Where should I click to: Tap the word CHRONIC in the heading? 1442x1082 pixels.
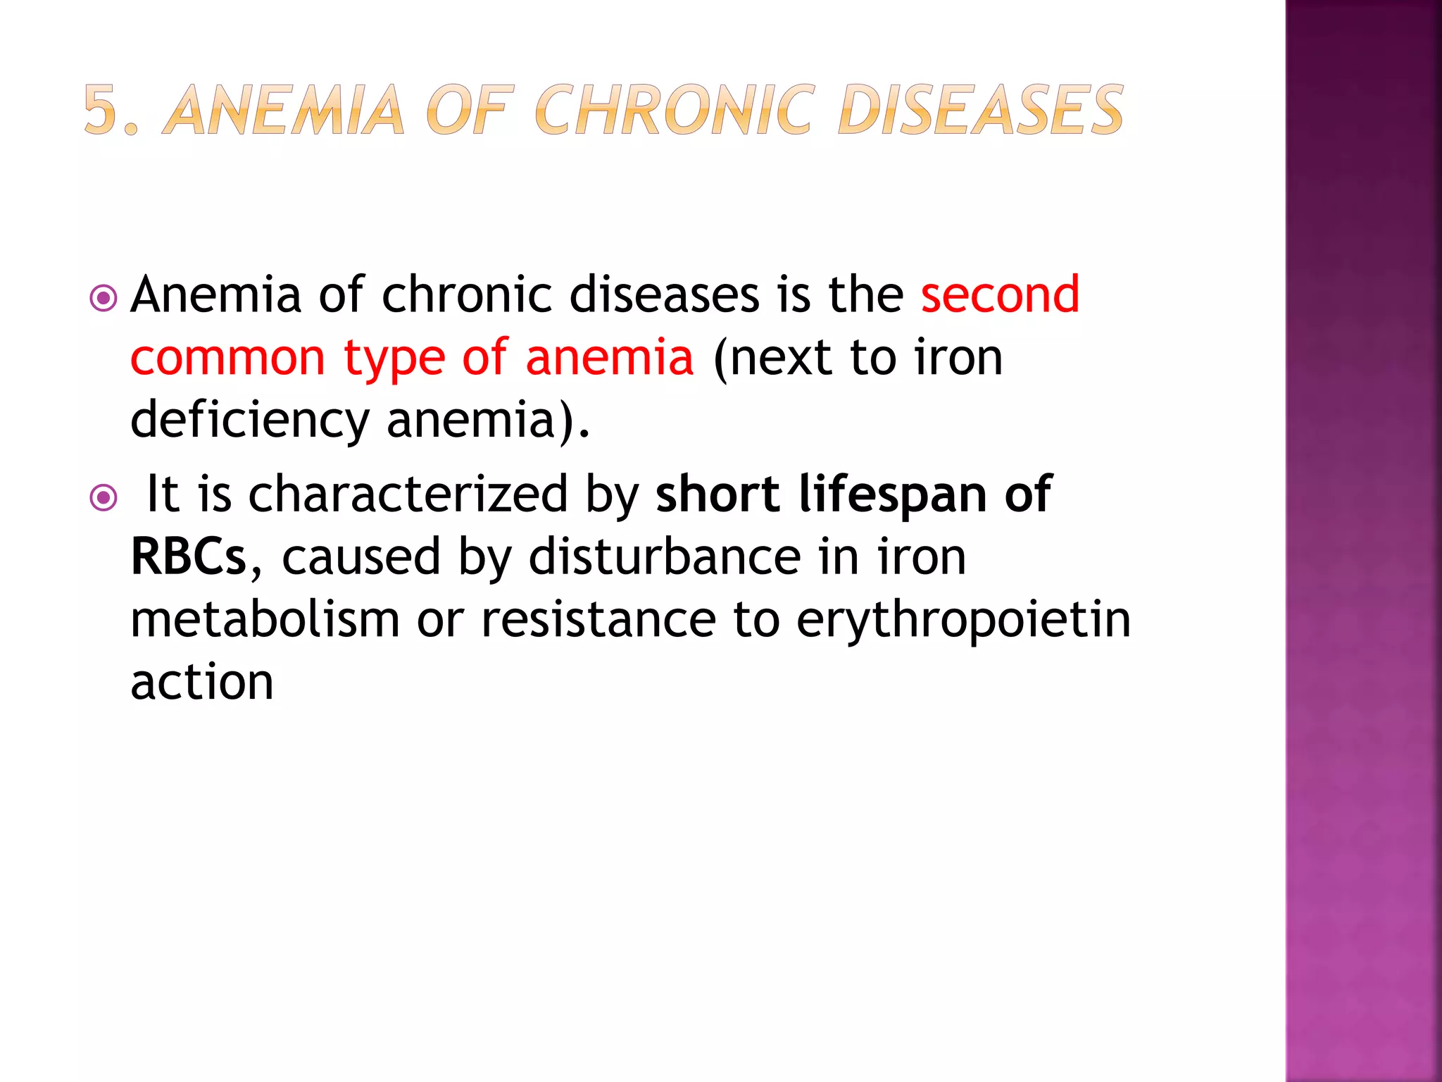click(x=675, y=110)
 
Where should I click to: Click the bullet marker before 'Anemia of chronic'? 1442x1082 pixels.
click(x=104, y=299)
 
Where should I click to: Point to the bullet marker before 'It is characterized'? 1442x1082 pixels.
click(x=104, y=499)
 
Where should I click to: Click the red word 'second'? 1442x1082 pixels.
click(x=1000, y=294)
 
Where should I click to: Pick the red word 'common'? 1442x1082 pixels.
click(x=227, y=358)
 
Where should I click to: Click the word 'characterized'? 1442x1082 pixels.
click(x=408, y=495)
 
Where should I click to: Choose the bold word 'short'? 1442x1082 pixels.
click(x=717, y=495)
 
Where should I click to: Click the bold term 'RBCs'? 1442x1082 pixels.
click(x=188, y=557)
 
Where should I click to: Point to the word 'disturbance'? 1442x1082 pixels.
click(x=665, y=557)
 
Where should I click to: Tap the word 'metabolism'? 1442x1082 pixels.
click(x=265, y=620)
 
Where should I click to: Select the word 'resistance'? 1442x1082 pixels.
click(x=598, y=620)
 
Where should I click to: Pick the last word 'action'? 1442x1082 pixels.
click(x=202, y=683)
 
